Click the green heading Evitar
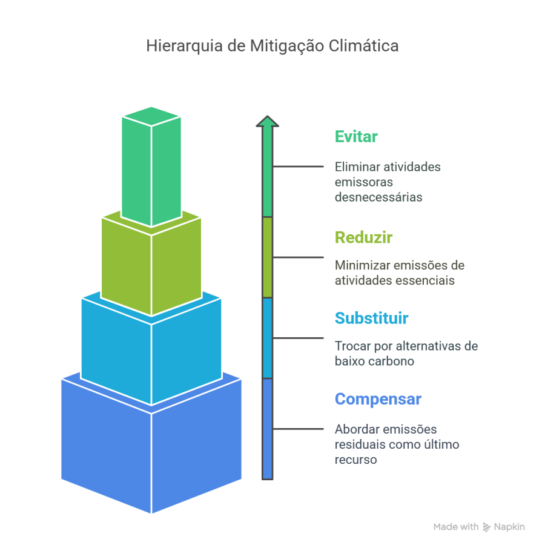(x=356, y=137)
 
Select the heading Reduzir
(x=363, y=238)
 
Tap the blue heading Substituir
(x=371, y=318)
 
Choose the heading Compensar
(x=378, y=400)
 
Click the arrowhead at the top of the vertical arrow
(x=268, y=121)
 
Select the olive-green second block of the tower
(x=151, y=266)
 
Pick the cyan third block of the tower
(x=151, y=351)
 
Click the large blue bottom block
(x=151, y=448)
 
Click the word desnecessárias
(x=378, y=197)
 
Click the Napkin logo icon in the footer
(x=486, y=527)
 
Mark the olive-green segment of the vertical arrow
(x=268, y=257)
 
